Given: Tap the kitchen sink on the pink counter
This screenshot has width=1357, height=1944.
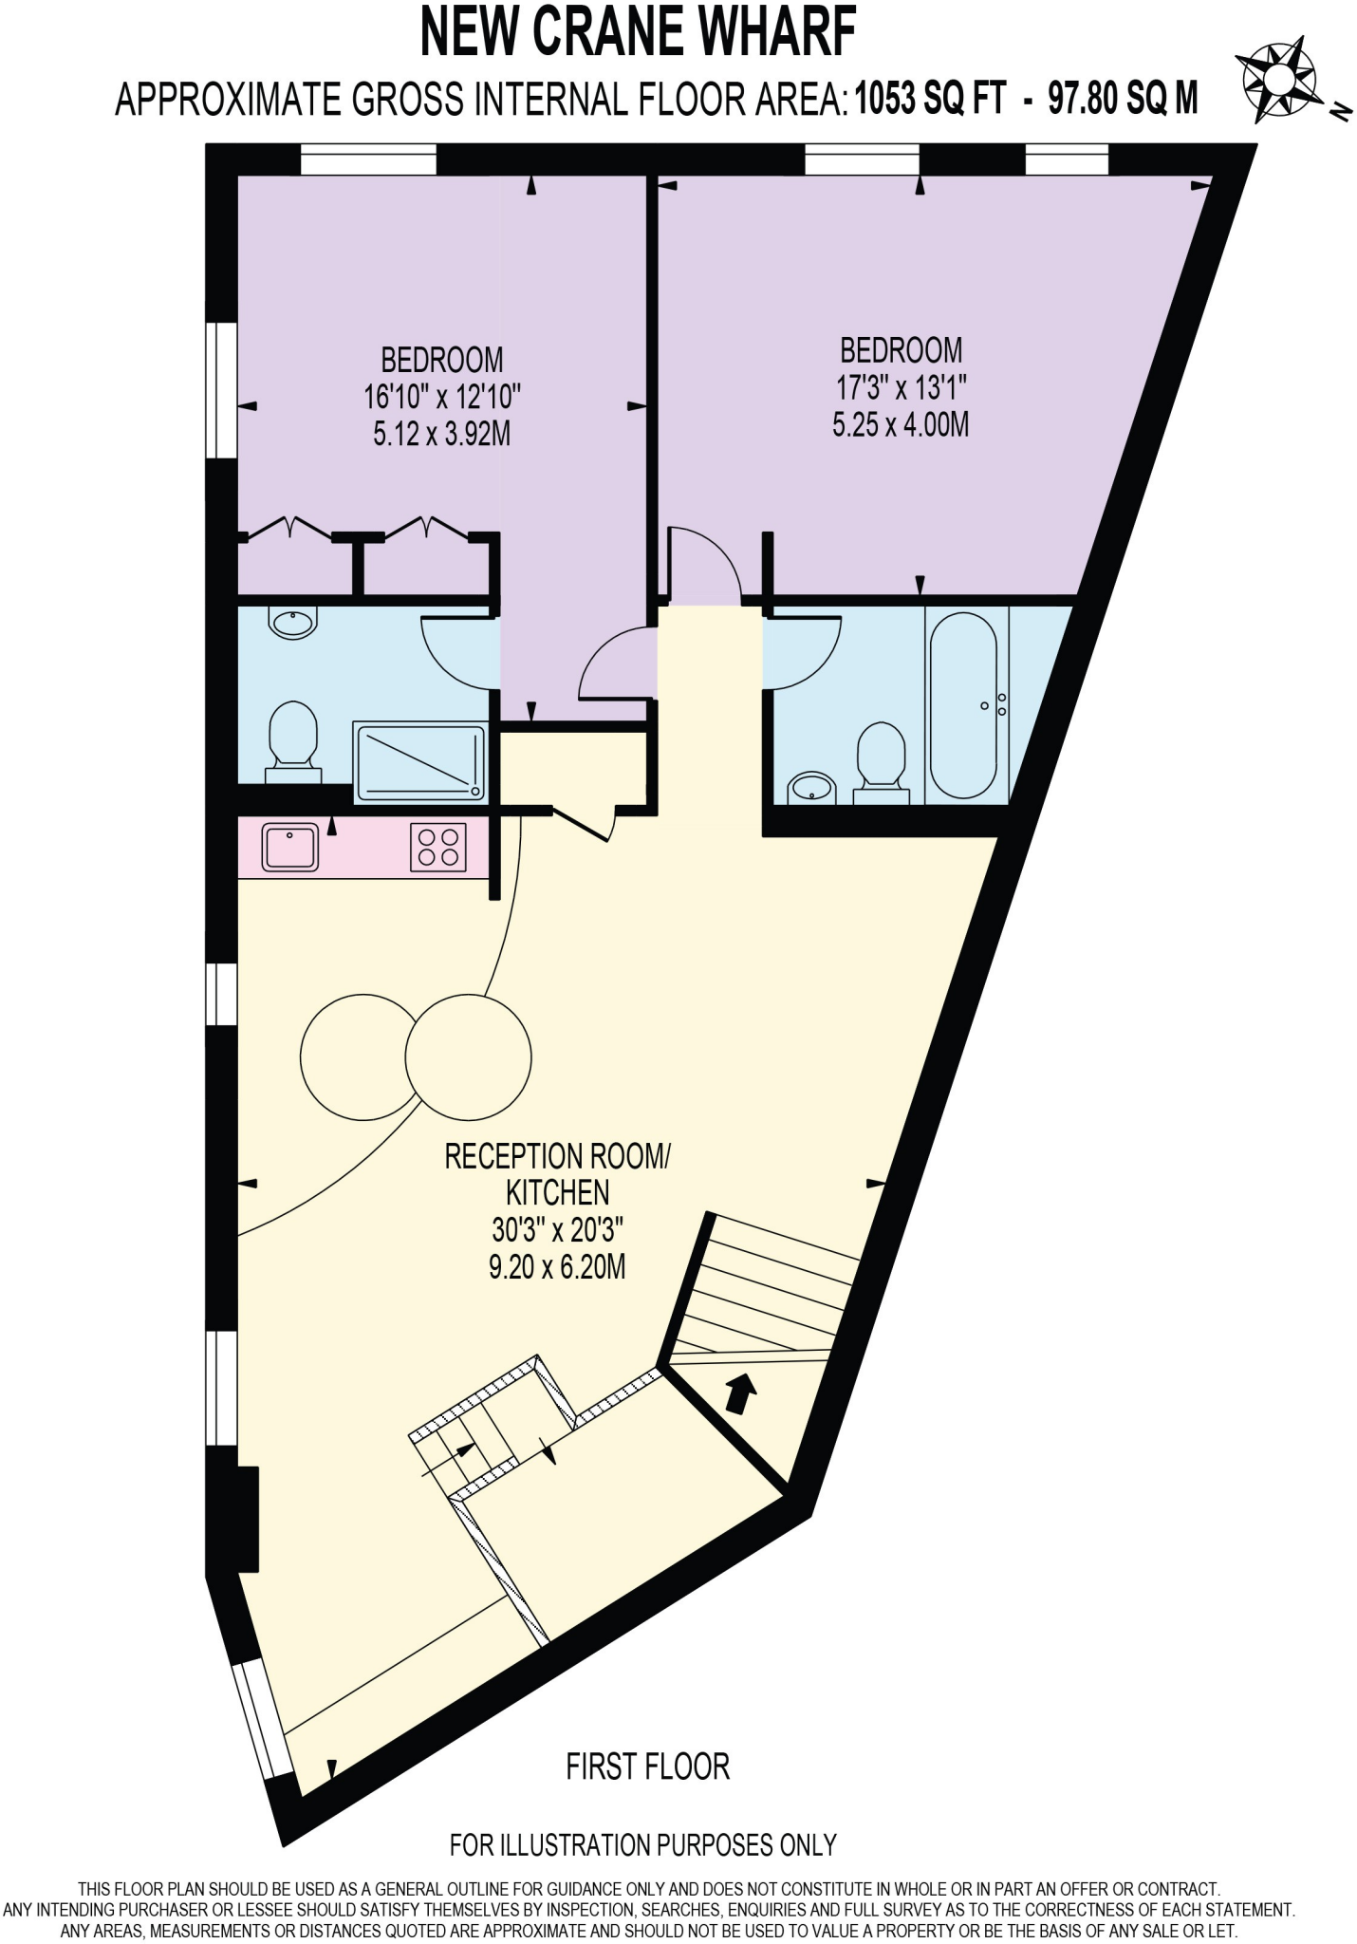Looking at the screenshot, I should tap(291, 847).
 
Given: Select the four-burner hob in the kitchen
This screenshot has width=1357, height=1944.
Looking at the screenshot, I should tap(438, 848).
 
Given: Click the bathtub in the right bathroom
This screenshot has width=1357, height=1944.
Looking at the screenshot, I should tap(963, 704).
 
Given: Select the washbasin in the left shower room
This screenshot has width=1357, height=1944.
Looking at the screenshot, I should tap(292, 624).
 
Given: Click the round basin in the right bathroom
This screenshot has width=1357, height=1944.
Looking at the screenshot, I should tap(809, 787).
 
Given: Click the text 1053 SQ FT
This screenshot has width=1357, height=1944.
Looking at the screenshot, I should tap(929, 99).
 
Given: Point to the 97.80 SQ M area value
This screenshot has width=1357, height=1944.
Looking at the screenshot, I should tap(1123, 99).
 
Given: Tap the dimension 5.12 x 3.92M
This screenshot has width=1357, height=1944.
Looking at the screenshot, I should tap(441, 435).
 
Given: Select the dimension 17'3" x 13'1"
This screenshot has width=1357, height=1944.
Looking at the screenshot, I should tap(901, 387).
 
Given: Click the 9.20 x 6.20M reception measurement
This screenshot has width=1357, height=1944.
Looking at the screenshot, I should tap(557, 1266).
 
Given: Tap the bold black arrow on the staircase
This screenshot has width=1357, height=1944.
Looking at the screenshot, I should tap(741, 1393).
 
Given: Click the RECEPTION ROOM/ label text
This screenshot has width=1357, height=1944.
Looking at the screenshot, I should tap(557, 1156).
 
